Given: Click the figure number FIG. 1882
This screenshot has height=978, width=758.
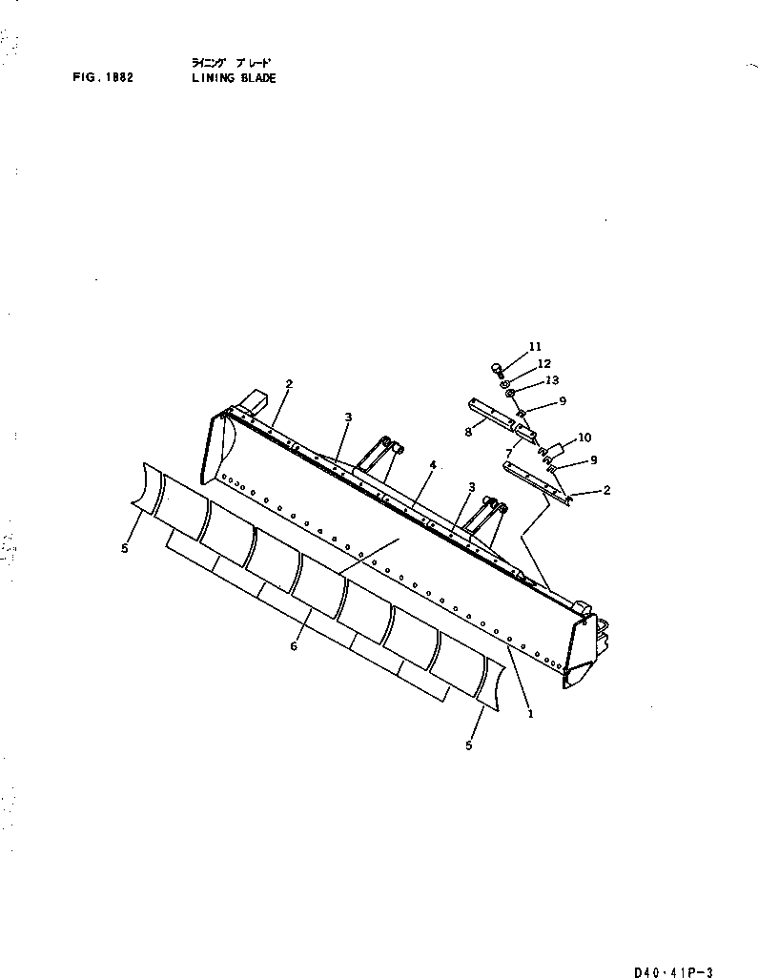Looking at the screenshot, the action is pos(100,78).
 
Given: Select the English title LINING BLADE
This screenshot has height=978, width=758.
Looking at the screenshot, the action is pos(234,78).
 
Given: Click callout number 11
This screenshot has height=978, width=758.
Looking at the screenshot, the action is pos(534,346).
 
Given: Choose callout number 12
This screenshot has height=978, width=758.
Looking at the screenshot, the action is pos(543,363).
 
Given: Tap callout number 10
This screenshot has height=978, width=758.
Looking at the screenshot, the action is pos(584,438).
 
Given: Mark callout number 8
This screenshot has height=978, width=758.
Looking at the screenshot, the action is pos(469,431).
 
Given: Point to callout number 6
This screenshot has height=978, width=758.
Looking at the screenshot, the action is pos(294,645).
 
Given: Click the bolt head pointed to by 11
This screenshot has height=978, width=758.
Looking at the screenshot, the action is pos(497,367).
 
